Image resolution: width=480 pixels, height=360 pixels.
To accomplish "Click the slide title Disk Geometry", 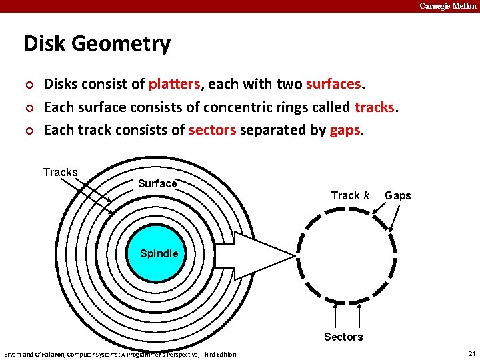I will click(97, 44).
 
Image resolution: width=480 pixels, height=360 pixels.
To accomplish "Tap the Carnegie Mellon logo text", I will click(447, 6).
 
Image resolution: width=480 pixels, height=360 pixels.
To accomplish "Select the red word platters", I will click(174, 84).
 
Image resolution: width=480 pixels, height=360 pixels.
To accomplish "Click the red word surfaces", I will click(333, 84).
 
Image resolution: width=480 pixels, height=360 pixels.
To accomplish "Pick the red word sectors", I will click(212, 129).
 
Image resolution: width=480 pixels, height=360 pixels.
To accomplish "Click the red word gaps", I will click(345, 129).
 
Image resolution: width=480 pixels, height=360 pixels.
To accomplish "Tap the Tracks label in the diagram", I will click(60, 172).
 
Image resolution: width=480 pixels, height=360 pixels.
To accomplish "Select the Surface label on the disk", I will click(157, 183).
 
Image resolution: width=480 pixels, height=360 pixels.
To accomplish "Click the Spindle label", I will click(159, 253).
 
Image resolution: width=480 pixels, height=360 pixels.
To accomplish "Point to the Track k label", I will click(350, 195).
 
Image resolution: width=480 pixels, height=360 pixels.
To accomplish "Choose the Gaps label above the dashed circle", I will click(397, 195).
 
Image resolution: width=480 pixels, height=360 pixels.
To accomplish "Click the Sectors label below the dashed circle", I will click(343, 337).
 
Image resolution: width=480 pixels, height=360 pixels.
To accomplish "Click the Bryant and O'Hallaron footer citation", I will click(120, 354).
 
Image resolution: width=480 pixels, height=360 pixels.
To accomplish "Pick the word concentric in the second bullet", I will click(236, 107).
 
